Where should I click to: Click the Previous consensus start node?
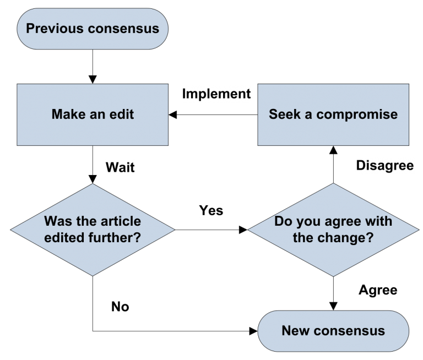pos(93,28)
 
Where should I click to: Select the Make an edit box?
pos(93,114)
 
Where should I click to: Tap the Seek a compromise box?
pos(333,114)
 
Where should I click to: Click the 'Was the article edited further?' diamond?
pos(93,230)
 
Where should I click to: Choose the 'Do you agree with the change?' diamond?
pos(333,230)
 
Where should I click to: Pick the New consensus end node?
pos(333,331)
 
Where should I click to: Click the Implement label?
pos(216,94)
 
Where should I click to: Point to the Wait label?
pos(120,167)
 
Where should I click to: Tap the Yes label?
pos(211,210)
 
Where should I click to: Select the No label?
pos(120,307)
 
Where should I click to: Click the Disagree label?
pos(384,166)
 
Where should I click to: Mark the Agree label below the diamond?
pos(378,290)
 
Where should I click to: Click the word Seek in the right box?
pos(282,114)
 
